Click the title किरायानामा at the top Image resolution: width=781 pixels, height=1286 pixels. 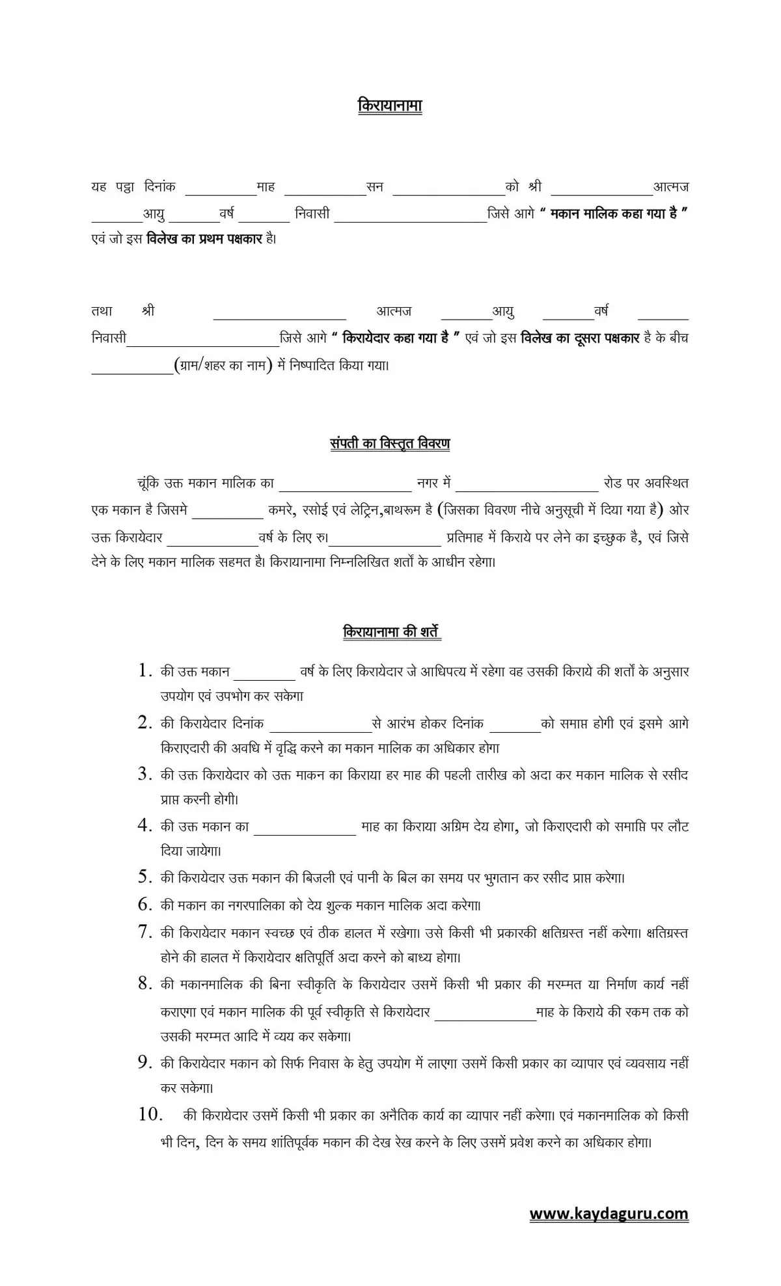390,105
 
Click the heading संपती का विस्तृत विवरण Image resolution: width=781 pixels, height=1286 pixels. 390,444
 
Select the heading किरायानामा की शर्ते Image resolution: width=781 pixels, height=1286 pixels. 392,632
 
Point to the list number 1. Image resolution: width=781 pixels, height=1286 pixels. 144,670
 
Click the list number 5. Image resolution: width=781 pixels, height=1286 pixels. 144,877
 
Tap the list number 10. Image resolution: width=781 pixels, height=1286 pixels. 150,1114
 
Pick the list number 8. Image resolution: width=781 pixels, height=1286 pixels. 144,983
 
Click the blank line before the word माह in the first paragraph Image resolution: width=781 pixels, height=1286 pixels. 221,192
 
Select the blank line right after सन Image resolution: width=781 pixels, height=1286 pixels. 448,192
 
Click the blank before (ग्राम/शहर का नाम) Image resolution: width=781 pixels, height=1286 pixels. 131,372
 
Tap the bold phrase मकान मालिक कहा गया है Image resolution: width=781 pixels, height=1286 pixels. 614,213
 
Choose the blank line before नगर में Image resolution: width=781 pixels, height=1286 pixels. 345,488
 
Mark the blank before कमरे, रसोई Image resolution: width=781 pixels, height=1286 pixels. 227,515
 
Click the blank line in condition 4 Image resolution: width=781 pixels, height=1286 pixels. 305,832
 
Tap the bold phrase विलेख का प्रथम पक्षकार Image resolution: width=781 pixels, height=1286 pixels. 204,239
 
